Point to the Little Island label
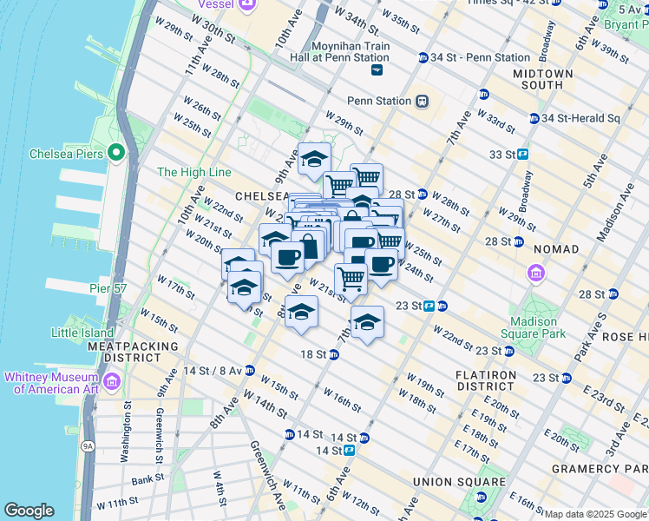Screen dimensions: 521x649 click(82, 333)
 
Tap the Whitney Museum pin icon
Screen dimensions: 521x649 click(111, 382)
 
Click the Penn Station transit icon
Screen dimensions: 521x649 click(422, 101)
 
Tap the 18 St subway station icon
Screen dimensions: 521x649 click(331, 354)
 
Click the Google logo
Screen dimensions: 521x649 click(29, 511)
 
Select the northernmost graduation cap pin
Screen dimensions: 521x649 click(314, 158)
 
